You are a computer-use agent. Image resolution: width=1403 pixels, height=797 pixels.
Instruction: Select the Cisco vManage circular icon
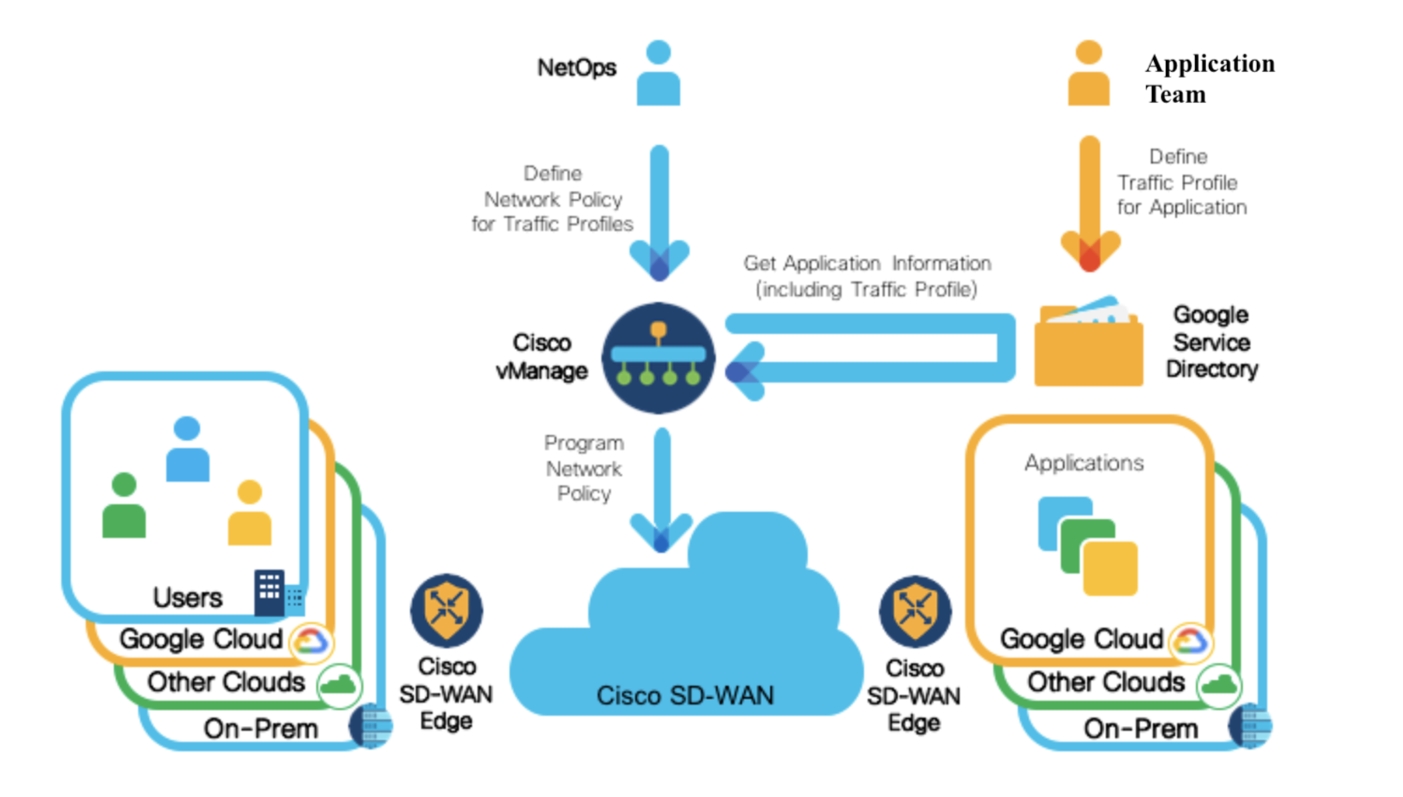pos(658,358)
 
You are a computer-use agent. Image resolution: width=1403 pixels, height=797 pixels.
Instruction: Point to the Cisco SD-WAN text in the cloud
pos(685,695)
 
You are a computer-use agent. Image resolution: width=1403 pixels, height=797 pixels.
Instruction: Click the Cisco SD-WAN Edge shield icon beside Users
pos(446,610)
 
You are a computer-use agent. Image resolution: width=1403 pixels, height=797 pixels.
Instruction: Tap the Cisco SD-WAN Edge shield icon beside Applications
pos(915,611)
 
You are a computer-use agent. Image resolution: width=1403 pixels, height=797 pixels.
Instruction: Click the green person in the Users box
pos(124,505)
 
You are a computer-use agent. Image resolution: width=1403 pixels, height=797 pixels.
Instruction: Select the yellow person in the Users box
pos(250,513)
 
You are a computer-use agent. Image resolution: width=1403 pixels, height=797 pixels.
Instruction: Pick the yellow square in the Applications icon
pos(1111,568)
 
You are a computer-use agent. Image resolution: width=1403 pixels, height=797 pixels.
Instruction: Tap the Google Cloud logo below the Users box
pos(311,642)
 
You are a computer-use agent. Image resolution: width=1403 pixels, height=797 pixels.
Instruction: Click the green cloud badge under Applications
pos(1219,685)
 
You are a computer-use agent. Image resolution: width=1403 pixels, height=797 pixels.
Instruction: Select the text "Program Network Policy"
pos(584,469)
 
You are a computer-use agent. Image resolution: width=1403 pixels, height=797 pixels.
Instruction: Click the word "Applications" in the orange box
pos(1084,463)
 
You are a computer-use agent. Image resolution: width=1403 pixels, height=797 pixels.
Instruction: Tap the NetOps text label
pos(577,68)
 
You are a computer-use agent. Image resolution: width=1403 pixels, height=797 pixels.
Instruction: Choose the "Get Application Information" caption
pos(867,264)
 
